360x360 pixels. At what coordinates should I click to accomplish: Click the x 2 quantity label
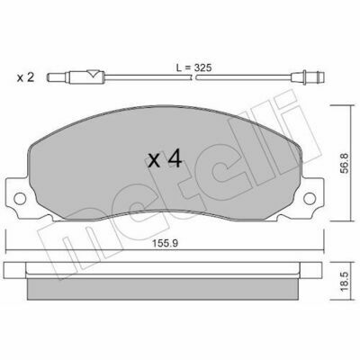coord(25,77)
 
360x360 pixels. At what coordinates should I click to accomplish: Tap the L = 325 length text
coord(194,67)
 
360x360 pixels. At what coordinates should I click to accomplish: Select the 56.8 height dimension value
coord(345,163)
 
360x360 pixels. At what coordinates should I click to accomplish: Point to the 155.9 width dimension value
coord(165,244)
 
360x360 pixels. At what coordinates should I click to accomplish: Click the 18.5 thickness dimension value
coord(345,281)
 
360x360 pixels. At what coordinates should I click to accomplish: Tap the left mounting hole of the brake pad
coord(20,198)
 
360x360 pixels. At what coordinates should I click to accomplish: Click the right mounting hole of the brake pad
coord(310,198)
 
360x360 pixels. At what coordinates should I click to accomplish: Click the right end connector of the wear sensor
coord(308,77)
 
